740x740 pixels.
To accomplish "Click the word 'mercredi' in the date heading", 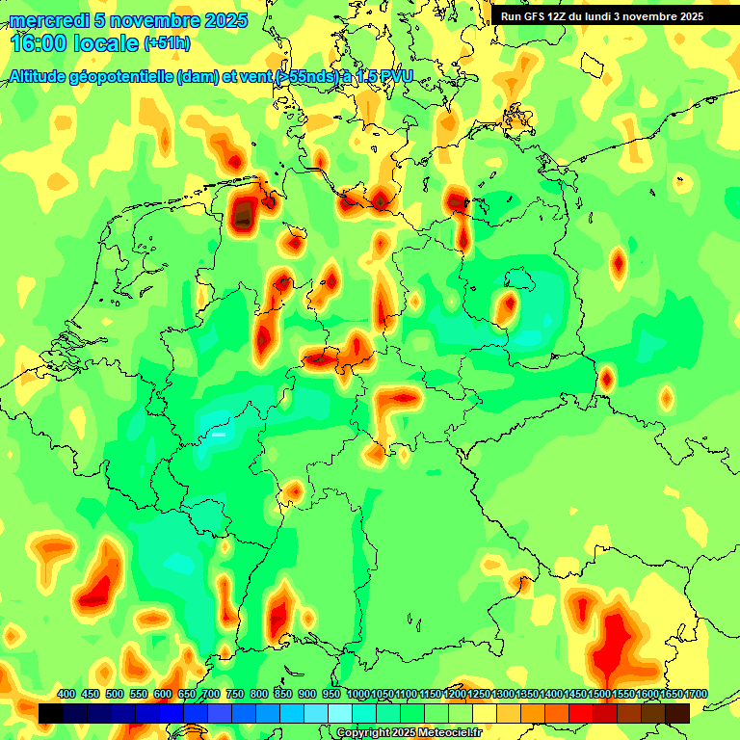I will (x=44, y=20).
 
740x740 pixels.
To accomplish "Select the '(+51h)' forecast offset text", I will (x=167, y=43).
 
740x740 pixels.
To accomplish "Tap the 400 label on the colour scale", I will (x=66, y=695).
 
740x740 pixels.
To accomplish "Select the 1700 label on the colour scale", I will (x=697, y=695).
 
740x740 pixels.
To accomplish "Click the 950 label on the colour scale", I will (x=332, y=695).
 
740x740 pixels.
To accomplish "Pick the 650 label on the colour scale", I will (x=187, y=695).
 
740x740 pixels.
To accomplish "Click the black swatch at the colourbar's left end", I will (x=51, y=713).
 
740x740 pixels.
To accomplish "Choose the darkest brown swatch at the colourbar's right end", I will (x=677, y=713).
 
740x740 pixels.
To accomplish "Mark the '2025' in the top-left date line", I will (x=225, y=20).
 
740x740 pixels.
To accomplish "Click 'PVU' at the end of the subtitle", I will (x=393, y=77).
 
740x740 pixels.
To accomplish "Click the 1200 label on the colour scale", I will (x=455, y=695).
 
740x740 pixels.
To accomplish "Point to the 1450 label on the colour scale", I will (x=575, y=695).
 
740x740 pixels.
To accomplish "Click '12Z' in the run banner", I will (x=563, y=16).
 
